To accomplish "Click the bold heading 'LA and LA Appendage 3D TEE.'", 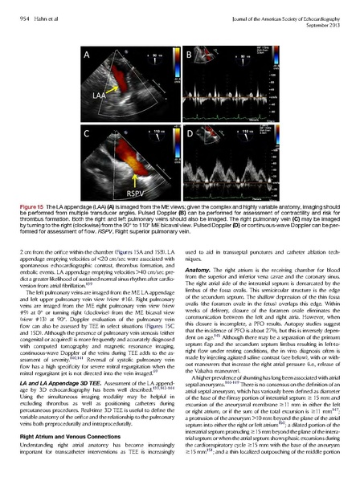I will point(60,364).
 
